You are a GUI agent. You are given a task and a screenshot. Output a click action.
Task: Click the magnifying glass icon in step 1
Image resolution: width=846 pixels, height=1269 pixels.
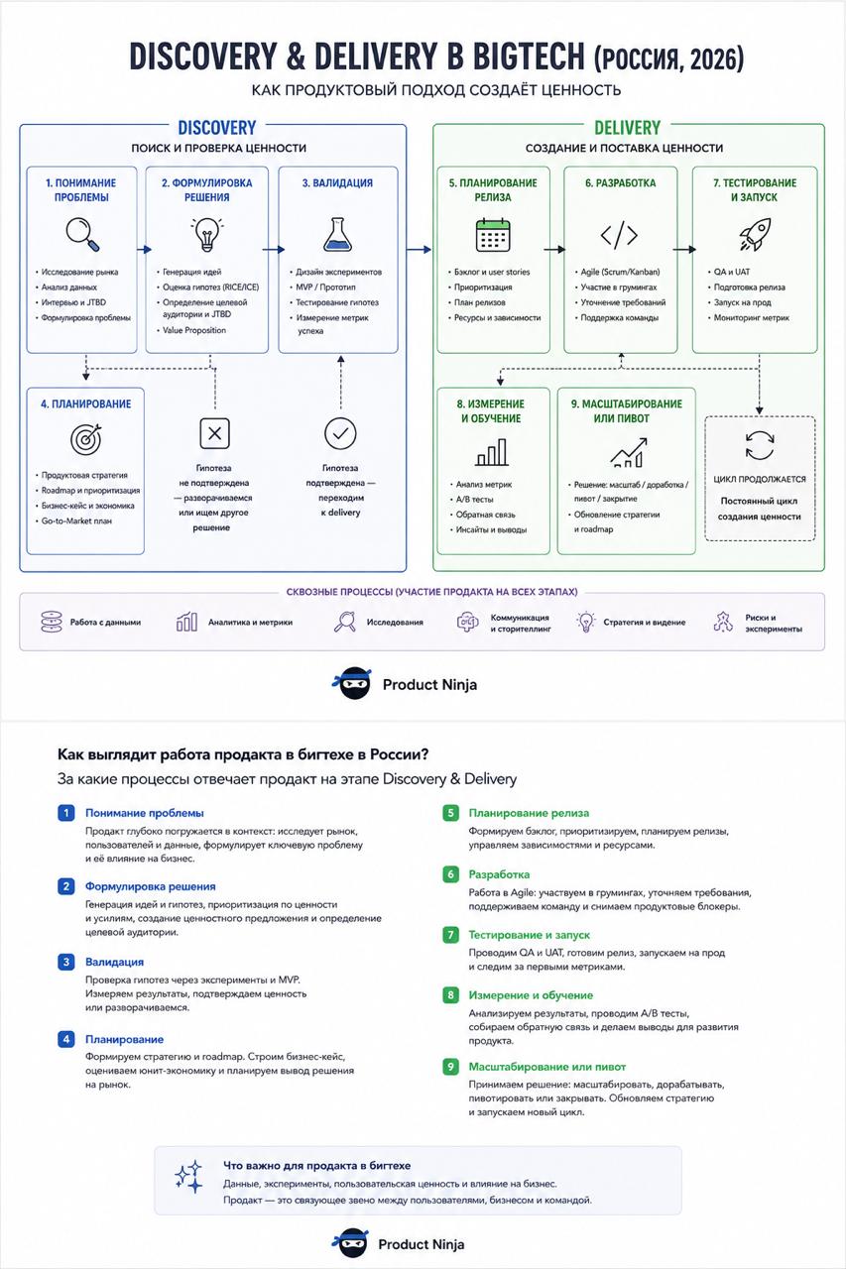coord(82,234)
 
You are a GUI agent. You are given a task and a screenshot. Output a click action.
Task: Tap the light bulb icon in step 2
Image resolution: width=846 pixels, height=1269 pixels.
coord(207,235)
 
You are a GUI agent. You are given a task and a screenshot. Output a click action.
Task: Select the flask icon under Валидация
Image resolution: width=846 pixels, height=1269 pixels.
coord(338,235)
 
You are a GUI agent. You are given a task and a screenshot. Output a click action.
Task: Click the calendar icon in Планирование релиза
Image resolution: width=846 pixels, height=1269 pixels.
coord(492,235)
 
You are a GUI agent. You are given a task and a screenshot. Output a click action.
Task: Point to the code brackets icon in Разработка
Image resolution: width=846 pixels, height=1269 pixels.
coord(619,235)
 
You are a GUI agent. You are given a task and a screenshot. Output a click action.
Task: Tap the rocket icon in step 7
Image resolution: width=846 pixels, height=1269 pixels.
coord(755,235)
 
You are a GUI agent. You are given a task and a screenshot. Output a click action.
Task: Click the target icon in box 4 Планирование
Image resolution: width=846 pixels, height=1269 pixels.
coord(86,439)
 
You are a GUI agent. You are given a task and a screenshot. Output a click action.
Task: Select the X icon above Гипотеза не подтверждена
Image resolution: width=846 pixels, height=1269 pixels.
coord(215,433)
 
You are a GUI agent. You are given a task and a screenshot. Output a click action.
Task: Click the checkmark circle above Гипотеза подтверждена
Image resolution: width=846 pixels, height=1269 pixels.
coord(340,433)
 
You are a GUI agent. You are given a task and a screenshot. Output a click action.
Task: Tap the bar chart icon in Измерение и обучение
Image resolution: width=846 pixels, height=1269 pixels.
coord(492,452)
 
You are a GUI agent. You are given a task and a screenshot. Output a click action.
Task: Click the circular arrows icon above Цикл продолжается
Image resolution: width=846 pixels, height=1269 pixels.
coord(760,445)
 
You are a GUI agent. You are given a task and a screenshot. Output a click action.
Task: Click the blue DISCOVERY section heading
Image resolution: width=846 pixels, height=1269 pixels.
coord(217,128)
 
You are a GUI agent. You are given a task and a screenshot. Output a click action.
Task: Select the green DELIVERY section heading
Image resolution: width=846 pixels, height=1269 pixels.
coord(627,128)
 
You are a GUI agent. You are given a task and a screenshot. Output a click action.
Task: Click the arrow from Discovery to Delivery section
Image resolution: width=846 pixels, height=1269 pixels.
coord(420,249)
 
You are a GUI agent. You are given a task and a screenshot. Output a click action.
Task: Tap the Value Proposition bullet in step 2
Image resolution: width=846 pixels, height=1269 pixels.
coord(194,330)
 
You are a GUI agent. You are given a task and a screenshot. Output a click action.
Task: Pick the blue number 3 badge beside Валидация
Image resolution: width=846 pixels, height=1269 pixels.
coord(66,962)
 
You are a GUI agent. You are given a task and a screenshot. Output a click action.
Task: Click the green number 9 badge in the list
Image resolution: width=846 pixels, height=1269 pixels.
coord(450,1066)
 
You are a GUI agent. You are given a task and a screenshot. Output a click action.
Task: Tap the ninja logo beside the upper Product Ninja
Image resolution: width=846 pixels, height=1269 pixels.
coord(352,683)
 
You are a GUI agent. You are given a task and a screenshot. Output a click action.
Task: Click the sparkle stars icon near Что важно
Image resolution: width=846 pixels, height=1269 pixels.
coord(188,1177)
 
